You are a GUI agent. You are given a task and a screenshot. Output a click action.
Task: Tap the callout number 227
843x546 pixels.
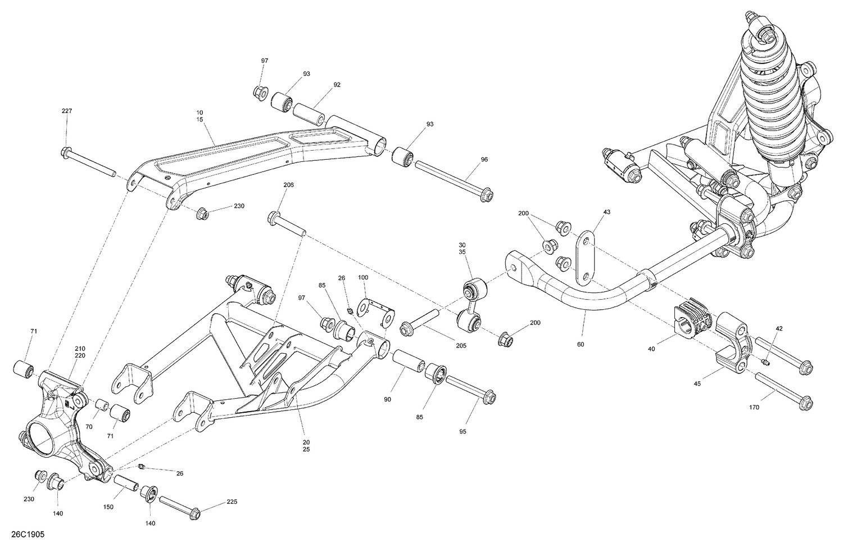(x=67, y=111)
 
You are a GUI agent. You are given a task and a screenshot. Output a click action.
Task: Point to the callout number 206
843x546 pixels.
(x=288, y=184)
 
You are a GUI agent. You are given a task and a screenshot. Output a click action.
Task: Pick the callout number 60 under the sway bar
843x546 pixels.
(x=581, y=344)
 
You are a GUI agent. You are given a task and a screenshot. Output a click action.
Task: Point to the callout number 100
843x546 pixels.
(x=363, y=278)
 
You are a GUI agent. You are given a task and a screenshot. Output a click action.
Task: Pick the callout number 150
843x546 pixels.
(x=108, y=507)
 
